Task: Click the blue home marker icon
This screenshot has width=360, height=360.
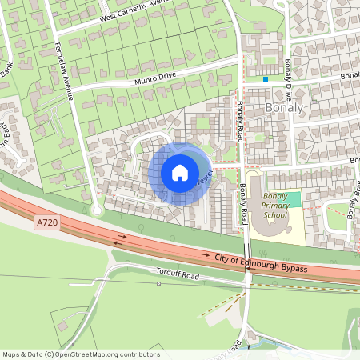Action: coord(180,173)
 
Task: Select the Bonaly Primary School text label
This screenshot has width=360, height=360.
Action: coord(274,210)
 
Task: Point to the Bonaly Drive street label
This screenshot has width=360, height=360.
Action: coord(287,65)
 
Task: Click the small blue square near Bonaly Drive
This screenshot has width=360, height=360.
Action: coord(266,78)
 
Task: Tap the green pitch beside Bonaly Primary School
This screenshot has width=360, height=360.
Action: coord(293,199)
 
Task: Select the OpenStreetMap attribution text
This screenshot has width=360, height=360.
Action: coord(80,354)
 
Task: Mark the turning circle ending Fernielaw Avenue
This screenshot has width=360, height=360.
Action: coord(98,210)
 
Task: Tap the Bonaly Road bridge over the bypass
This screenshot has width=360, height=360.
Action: coord(245,268)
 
